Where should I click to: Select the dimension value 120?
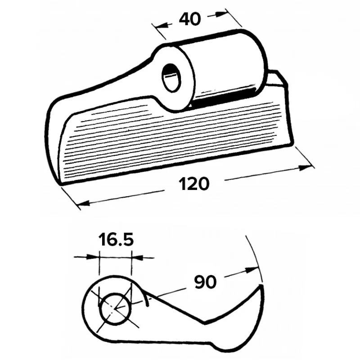[194, 184]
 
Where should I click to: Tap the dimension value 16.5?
[116, 240]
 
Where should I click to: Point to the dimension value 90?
[205, 282]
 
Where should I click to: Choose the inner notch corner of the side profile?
[205, 322]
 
